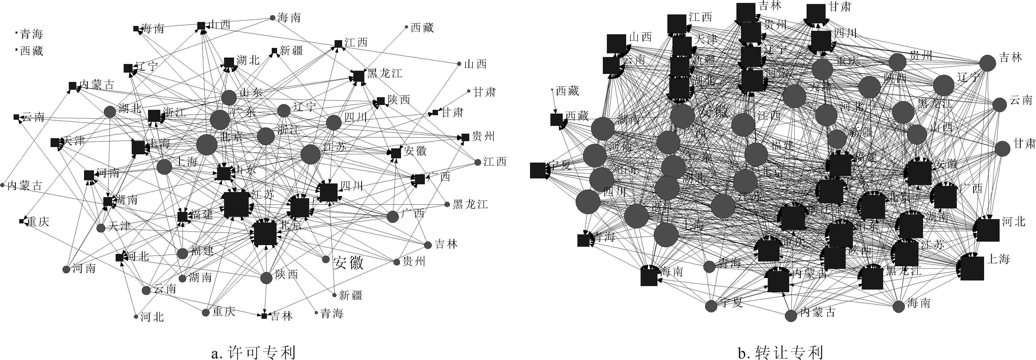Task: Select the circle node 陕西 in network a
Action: (x=266, y=278)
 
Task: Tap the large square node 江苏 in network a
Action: (x=236, y=204)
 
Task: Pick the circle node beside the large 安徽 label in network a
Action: (x=326, y=260)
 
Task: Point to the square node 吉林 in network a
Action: (x=264, y=316)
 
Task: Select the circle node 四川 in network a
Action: (x=333, y=123)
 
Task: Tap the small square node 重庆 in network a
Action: (x=21, y=221)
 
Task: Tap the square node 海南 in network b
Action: (x=649, y=277)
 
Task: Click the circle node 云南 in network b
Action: (x=999, y=104)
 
